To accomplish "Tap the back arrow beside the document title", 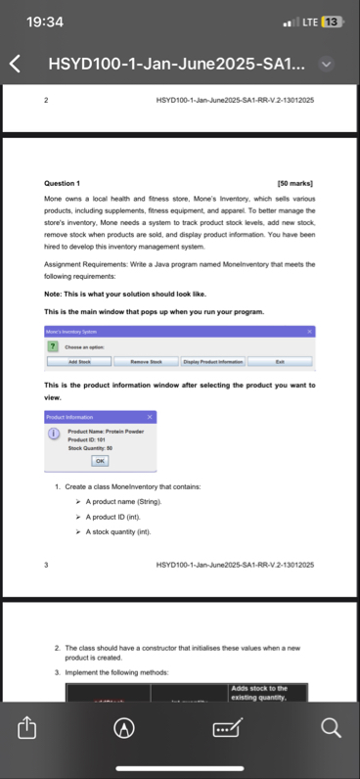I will click(x=16, y=66).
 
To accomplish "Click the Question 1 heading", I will click(x=63, y=183).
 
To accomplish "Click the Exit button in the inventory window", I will click(x=280, y=361).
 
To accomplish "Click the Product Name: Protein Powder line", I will click(x=105, y=431).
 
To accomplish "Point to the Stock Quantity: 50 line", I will click(x=90, y=448).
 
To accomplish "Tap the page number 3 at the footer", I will click(x=47, y=565).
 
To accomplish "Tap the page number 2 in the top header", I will click(x=47, y=101).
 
